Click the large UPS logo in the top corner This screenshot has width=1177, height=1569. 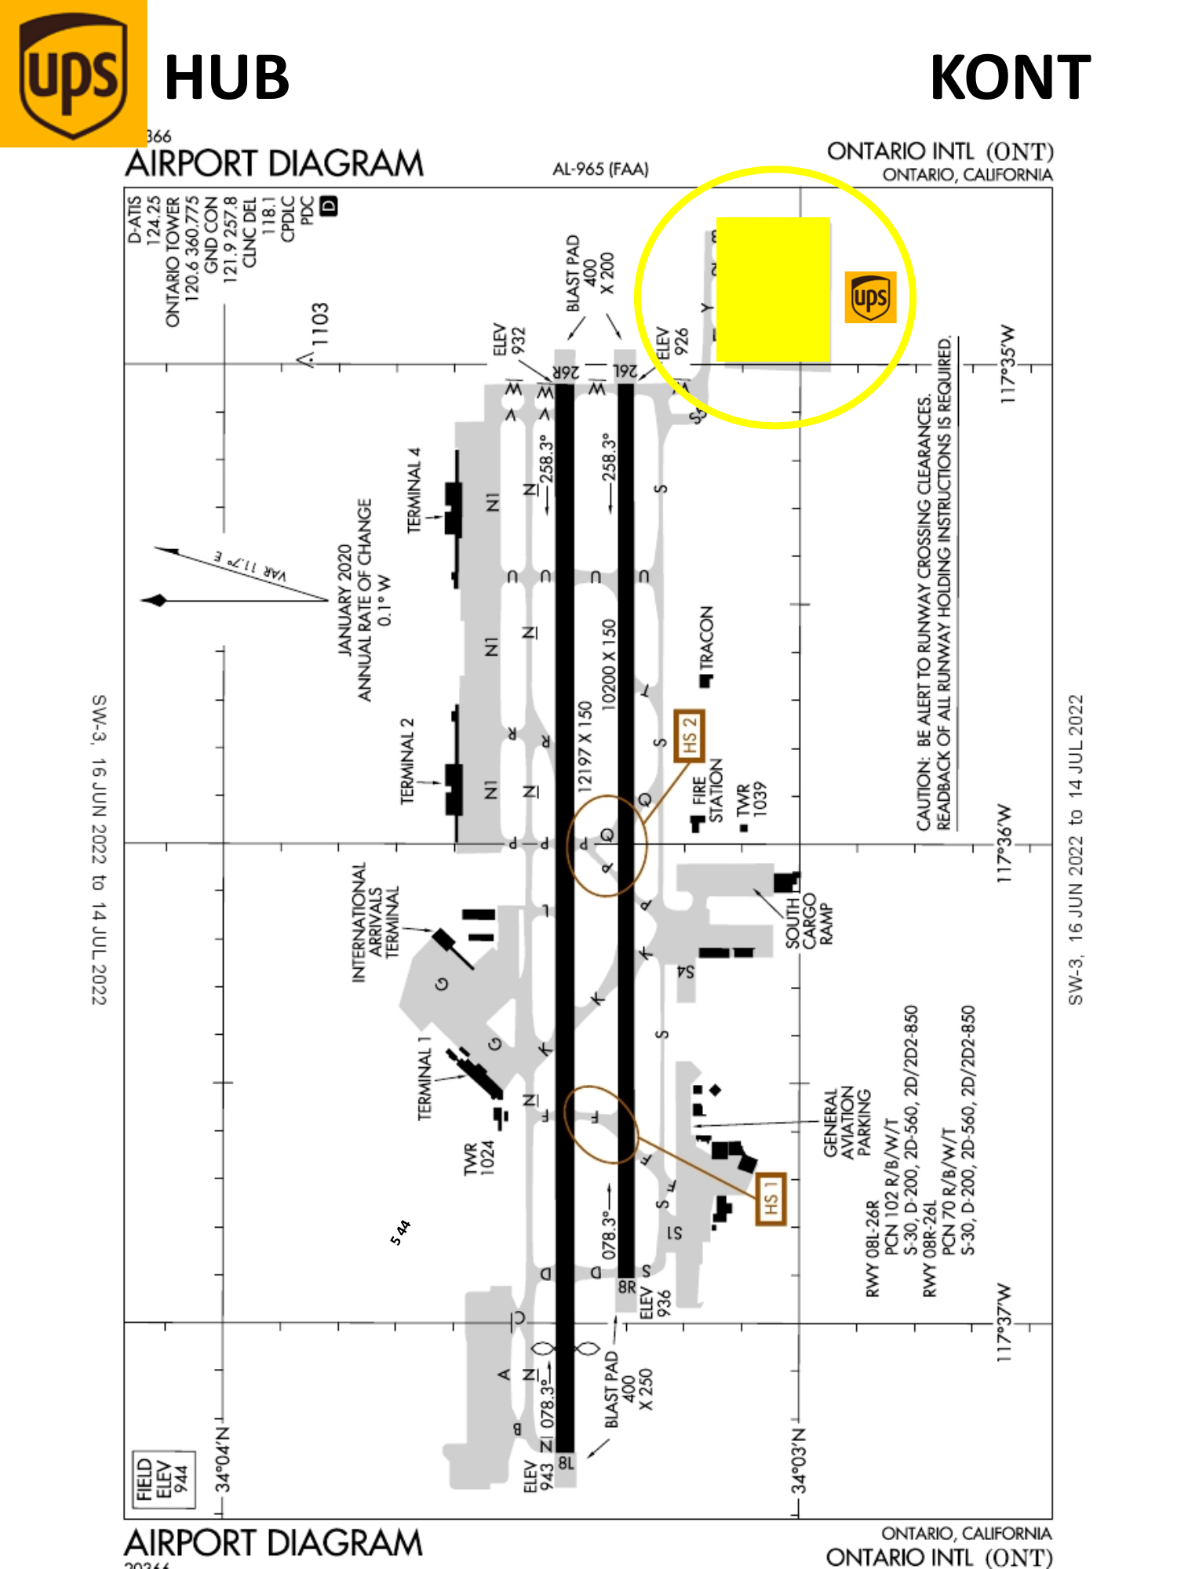click(73, 75)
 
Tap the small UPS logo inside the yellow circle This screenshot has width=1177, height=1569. click(870, 297)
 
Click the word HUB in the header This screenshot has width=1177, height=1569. click(227, 78)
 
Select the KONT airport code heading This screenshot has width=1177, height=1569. click(1010, 78)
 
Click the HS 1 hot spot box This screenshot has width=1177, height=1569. click(770, 1200)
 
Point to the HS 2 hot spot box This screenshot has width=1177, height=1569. click(689, 736)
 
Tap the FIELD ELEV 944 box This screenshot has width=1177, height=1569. click(163, 1480)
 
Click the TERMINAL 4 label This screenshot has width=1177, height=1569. click(414, 490)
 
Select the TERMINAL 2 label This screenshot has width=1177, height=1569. click(407, 760)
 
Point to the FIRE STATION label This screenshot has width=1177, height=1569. click(708, 790)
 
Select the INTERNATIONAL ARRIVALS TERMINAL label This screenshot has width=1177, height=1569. click(376, 922)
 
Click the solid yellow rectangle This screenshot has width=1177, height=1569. click(774, 289)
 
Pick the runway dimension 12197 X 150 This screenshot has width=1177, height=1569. click(585, 746)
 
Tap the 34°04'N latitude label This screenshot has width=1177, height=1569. click(224, 1459)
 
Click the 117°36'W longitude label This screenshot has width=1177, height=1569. click(1004, 843)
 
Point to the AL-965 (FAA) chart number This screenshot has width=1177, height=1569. click(600, 169)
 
